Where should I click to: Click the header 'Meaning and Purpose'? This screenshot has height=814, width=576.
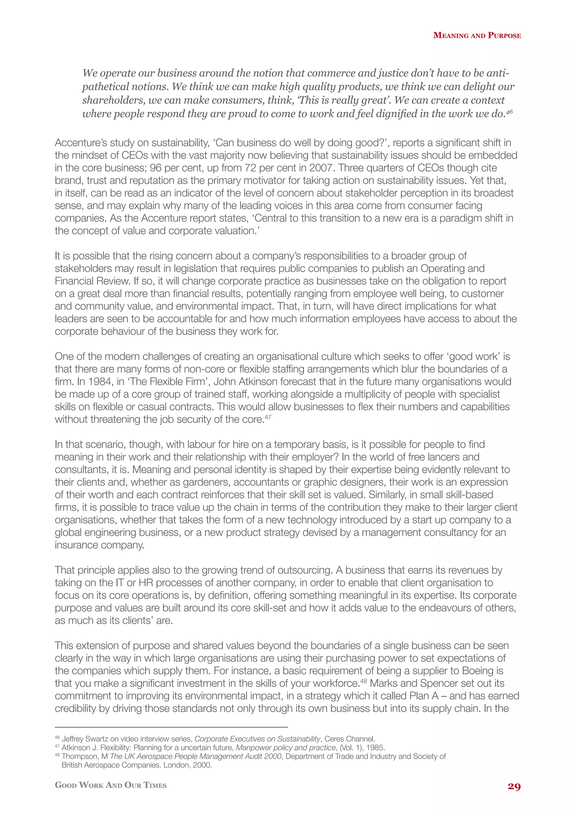(477, 35)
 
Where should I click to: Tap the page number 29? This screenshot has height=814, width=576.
(514, 786)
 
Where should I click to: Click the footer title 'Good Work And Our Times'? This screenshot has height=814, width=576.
(111, 785)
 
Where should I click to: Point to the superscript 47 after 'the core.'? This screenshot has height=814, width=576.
(268, 417)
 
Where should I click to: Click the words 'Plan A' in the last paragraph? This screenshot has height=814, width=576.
(424, 696)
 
